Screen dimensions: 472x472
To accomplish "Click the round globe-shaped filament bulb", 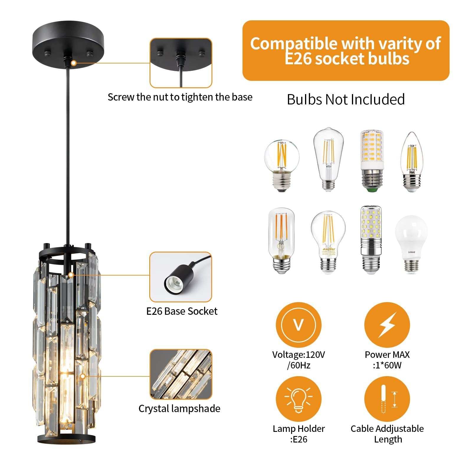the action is point(281,165).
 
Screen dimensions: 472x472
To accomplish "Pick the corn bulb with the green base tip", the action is point(373,161).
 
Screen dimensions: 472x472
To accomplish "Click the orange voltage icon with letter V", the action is point(298,325).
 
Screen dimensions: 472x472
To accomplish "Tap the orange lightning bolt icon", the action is point(387,325).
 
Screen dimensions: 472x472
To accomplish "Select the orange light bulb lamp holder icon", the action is point(298,399).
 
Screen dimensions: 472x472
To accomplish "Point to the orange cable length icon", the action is point(387,399).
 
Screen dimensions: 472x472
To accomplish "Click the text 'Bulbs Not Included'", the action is point(346,99).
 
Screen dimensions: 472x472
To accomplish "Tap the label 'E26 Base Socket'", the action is point(182,311).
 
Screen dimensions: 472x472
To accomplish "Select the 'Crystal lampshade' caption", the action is point(179,409).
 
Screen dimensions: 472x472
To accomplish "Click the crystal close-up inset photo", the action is point(181,374).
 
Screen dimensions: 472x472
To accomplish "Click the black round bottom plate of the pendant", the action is point(67,438).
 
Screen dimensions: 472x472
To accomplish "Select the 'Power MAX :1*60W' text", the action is point(387,360).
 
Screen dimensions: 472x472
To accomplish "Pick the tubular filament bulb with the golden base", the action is point(281,240).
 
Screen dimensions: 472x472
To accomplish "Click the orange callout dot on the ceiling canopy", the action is point(74,63).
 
